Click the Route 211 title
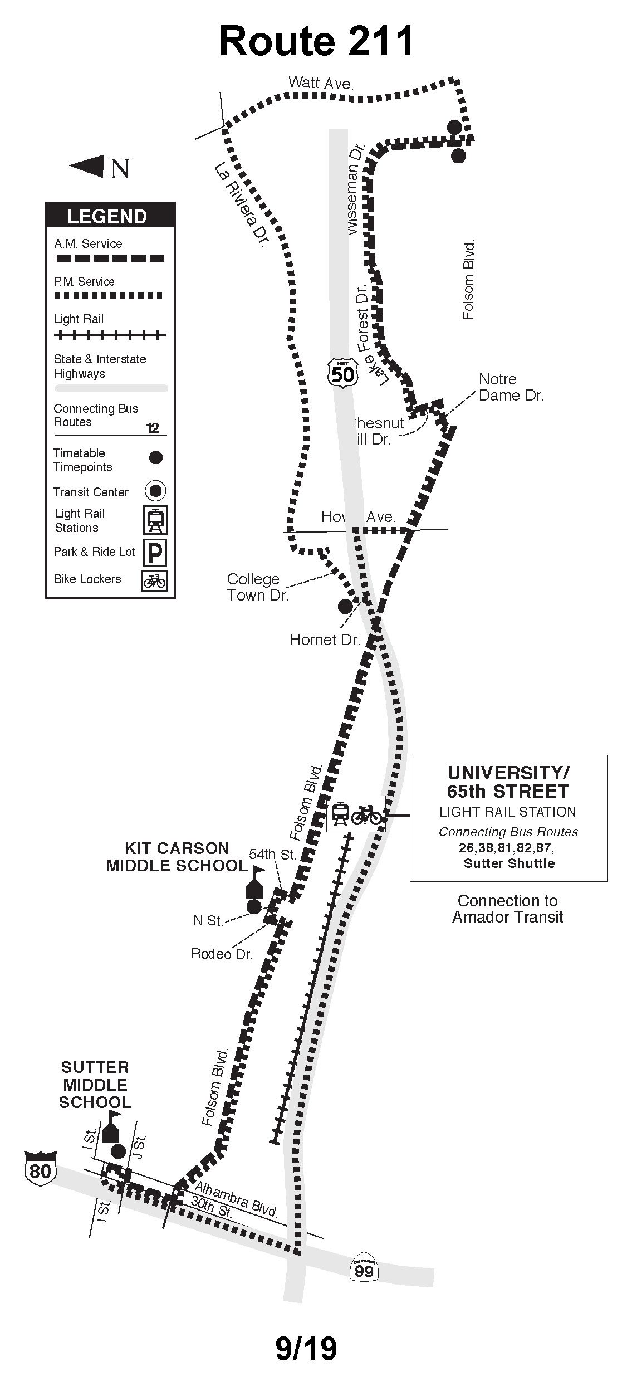coord(316,42)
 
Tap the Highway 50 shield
coord(341,372)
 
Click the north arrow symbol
coord(87,166)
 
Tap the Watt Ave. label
coord(321,84)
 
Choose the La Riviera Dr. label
coord(241,206)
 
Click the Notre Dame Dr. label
coord(511,387)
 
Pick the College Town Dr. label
coord(257,587)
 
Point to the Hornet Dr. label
coord(325,640)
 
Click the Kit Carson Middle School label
coord(177,857)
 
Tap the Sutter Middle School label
coord(95,1085)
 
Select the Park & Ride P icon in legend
coord(155,553)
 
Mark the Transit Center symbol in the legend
coord(155,491)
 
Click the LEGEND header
coord(107,216)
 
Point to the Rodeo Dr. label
coord(222,954)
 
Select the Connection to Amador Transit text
coord(507,909)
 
